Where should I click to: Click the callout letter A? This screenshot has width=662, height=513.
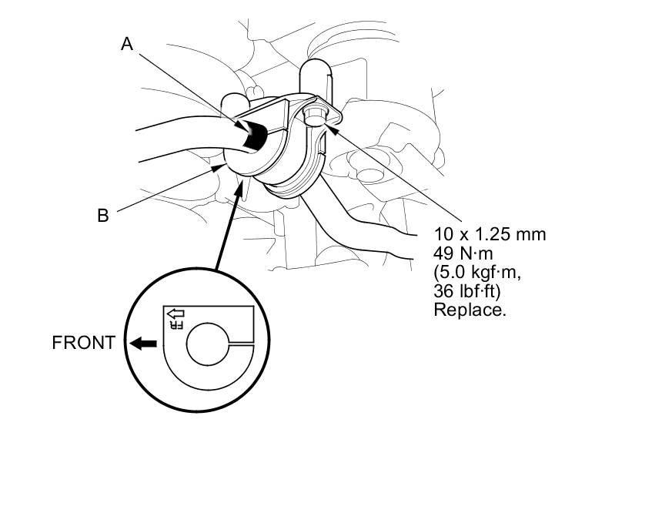[128, 45]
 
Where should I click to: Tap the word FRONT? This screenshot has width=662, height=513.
[83, 343]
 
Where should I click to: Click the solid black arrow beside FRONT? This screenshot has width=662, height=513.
[142, 344]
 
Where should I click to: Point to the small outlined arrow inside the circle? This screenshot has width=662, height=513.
[176, 313]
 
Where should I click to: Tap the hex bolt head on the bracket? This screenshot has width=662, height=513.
[313, 116]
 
